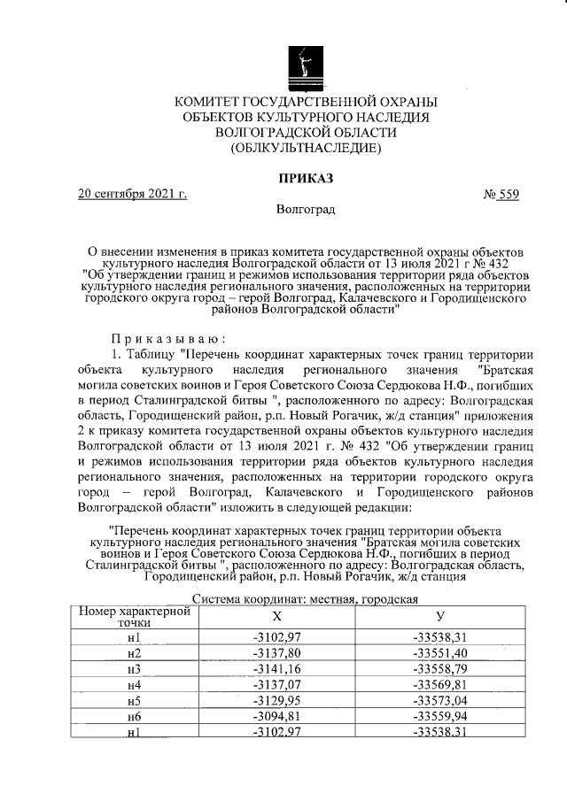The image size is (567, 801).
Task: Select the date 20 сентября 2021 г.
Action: coord(132,195)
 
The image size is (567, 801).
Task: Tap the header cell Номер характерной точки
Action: coord(132,617)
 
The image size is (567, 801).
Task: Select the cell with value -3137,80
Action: coord(276,652)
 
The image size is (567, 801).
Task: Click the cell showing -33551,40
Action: coord(439,652)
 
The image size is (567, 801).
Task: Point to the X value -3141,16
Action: coord(276,668)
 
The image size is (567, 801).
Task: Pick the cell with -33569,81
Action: coord(439,684)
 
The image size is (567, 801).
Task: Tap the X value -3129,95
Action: coord(276,701)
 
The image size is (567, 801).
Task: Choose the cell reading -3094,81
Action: coord(276,717)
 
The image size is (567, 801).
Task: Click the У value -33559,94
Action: coord(439,717)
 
